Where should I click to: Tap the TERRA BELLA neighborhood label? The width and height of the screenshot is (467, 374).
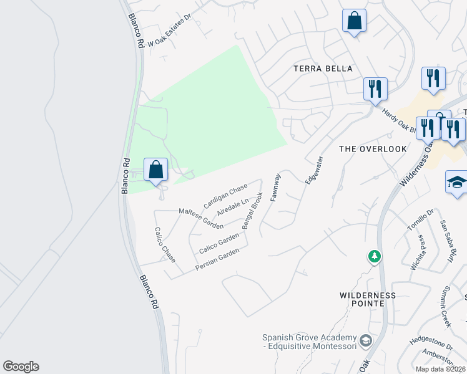click(323, 69)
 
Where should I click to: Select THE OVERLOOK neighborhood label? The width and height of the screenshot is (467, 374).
click(372, 149)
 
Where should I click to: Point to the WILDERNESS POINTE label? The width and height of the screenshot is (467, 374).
click(368, 299)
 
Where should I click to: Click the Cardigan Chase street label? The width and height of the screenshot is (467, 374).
click(225, 197)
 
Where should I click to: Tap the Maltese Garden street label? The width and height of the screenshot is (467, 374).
click(201, 218)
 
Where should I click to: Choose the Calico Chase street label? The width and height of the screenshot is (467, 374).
click(165, 244)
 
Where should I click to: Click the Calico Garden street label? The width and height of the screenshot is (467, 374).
click(219, 243)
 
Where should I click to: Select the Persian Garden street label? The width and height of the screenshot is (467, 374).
click(217, 259)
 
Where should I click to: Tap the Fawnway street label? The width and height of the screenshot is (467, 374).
click(275, 187)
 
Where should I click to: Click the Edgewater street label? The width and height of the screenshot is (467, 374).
click(313, 169)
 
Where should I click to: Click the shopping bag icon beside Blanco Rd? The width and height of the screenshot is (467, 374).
click(155, 170)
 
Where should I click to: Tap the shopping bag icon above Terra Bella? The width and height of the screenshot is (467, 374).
click(354, 21)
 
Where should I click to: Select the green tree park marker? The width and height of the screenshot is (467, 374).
click(374, 256)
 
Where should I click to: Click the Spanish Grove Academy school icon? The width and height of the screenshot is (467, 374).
click(365, 341)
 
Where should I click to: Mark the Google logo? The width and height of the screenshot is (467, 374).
click(21, 367)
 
